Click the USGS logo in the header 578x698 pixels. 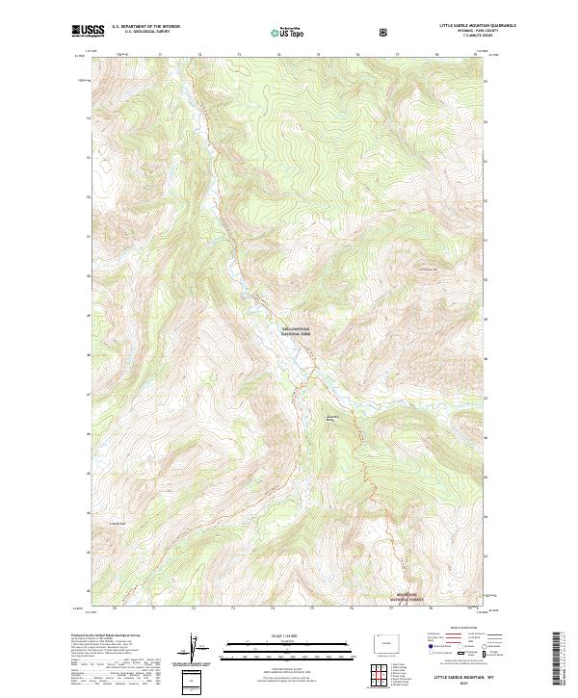coord(88,31)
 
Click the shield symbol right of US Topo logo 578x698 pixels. coord(385,33)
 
